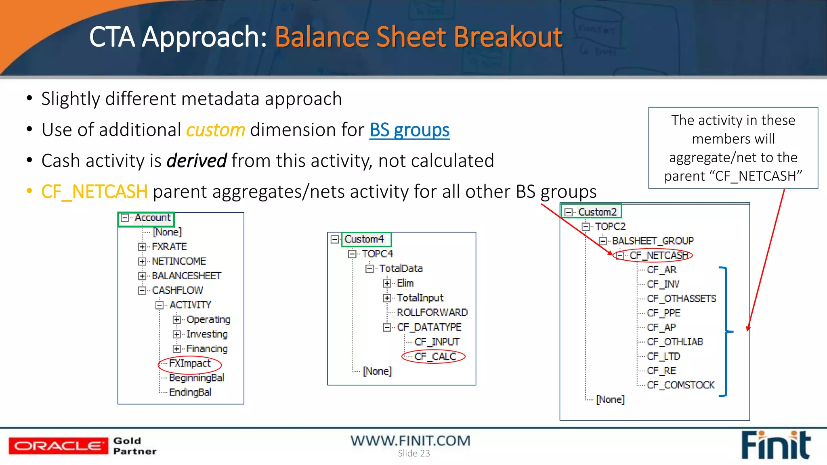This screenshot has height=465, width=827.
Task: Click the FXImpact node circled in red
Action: tap(190, 363)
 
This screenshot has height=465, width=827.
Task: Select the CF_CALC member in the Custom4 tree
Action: tap(435, 356)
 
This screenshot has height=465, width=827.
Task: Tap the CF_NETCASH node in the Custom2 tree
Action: tap(658, 256)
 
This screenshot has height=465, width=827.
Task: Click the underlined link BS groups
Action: tap(409, 130)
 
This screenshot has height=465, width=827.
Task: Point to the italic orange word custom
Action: tap(216, 130)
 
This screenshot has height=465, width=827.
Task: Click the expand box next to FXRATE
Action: tap(142, 247)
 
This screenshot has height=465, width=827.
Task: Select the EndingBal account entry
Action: tap(190, 392)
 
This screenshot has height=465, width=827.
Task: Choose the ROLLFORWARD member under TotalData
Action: tap(432, 312)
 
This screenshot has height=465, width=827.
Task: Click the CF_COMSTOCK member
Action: tap(680, 385)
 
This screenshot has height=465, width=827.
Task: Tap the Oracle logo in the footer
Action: tap(58, 446)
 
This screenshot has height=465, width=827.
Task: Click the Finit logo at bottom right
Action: tap(775, 446)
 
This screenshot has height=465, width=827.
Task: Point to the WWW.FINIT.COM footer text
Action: tap(410, 440)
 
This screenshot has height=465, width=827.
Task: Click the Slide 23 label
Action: tap(413, 453)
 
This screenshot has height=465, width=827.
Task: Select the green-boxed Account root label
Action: tap(152, 218)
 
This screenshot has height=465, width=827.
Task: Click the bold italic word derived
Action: tap(197, 161)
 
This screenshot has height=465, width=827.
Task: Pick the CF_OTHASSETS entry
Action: tap(681, 299)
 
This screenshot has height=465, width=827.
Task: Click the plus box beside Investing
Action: tap(176, 334)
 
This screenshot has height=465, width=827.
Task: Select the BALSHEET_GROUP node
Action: tap(653, 241)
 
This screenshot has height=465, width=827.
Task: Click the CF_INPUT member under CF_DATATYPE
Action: tap(437, 342)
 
